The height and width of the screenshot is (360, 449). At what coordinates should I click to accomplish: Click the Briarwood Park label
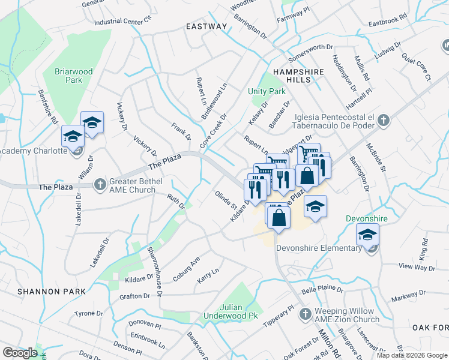(x=73, y=76)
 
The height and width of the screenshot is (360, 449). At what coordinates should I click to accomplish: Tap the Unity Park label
(x=267, y=92)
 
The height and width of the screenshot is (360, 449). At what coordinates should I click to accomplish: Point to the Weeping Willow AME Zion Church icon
(x=306, y=314)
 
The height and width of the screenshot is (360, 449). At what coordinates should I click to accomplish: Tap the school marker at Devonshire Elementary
(x=367, y=235)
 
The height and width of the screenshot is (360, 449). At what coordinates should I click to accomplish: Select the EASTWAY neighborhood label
(x=206, y=26)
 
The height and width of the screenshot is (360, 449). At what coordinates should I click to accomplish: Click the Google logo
(x=20, y=353)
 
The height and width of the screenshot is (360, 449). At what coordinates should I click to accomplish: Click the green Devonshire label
(x=366, y=218)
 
